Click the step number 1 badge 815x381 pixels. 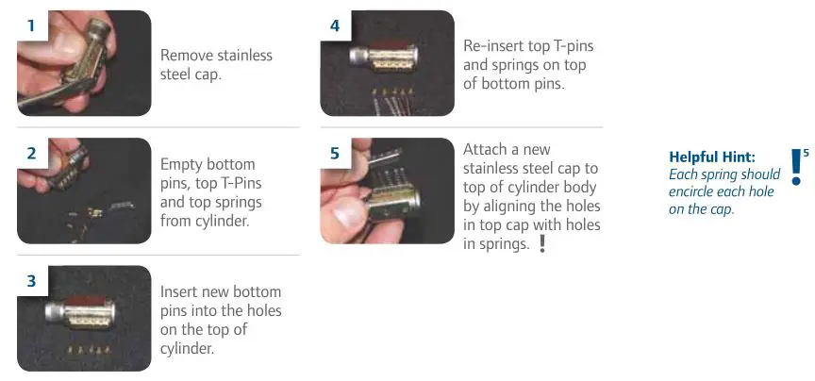click(31, 25)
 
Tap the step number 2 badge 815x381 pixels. click(31, 153)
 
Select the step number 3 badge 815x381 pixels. click(31, 280)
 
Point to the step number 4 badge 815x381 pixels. click(334, 25)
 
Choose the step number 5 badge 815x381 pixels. click(334, 153)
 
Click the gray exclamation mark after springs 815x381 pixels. click(541, 243)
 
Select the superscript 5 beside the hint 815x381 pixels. click(807, 151)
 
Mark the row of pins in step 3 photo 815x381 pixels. click(84, 347)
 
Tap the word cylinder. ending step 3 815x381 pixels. click(189, 348)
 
